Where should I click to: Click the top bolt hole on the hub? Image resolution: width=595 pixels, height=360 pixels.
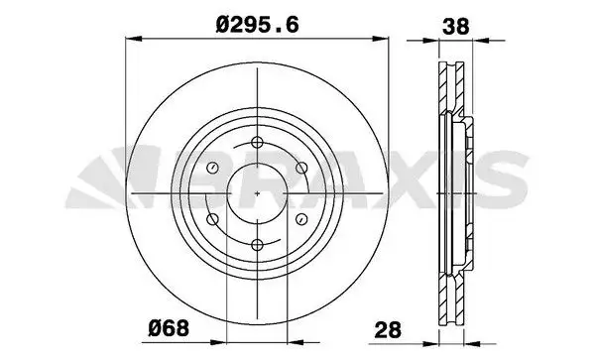256,142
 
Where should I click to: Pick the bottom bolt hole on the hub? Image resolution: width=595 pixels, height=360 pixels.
256,244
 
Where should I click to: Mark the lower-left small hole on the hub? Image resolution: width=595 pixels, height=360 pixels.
211,218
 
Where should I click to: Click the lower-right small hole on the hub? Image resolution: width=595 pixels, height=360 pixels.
300,218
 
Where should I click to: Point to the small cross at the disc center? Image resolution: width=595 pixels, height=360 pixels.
256,193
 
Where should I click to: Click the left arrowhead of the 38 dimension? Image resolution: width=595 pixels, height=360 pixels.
440,41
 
